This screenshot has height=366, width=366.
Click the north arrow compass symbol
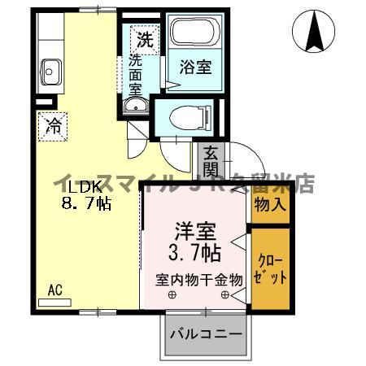(314, 31)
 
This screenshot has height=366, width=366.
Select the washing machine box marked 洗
(144, 37)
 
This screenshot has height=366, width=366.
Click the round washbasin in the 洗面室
(134, 106)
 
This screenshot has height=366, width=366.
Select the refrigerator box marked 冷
(52, 126)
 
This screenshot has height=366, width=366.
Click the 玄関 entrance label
(210, 161)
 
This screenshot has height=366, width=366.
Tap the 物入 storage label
(269, 204)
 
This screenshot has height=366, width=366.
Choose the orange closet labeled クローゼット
(269, 268)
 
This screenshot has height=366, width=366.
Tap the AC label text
(54, 290)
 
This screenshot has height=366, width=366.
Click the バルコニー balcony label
(205, 334)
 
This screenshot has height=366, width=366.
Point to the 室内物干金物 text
(200, 279)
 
